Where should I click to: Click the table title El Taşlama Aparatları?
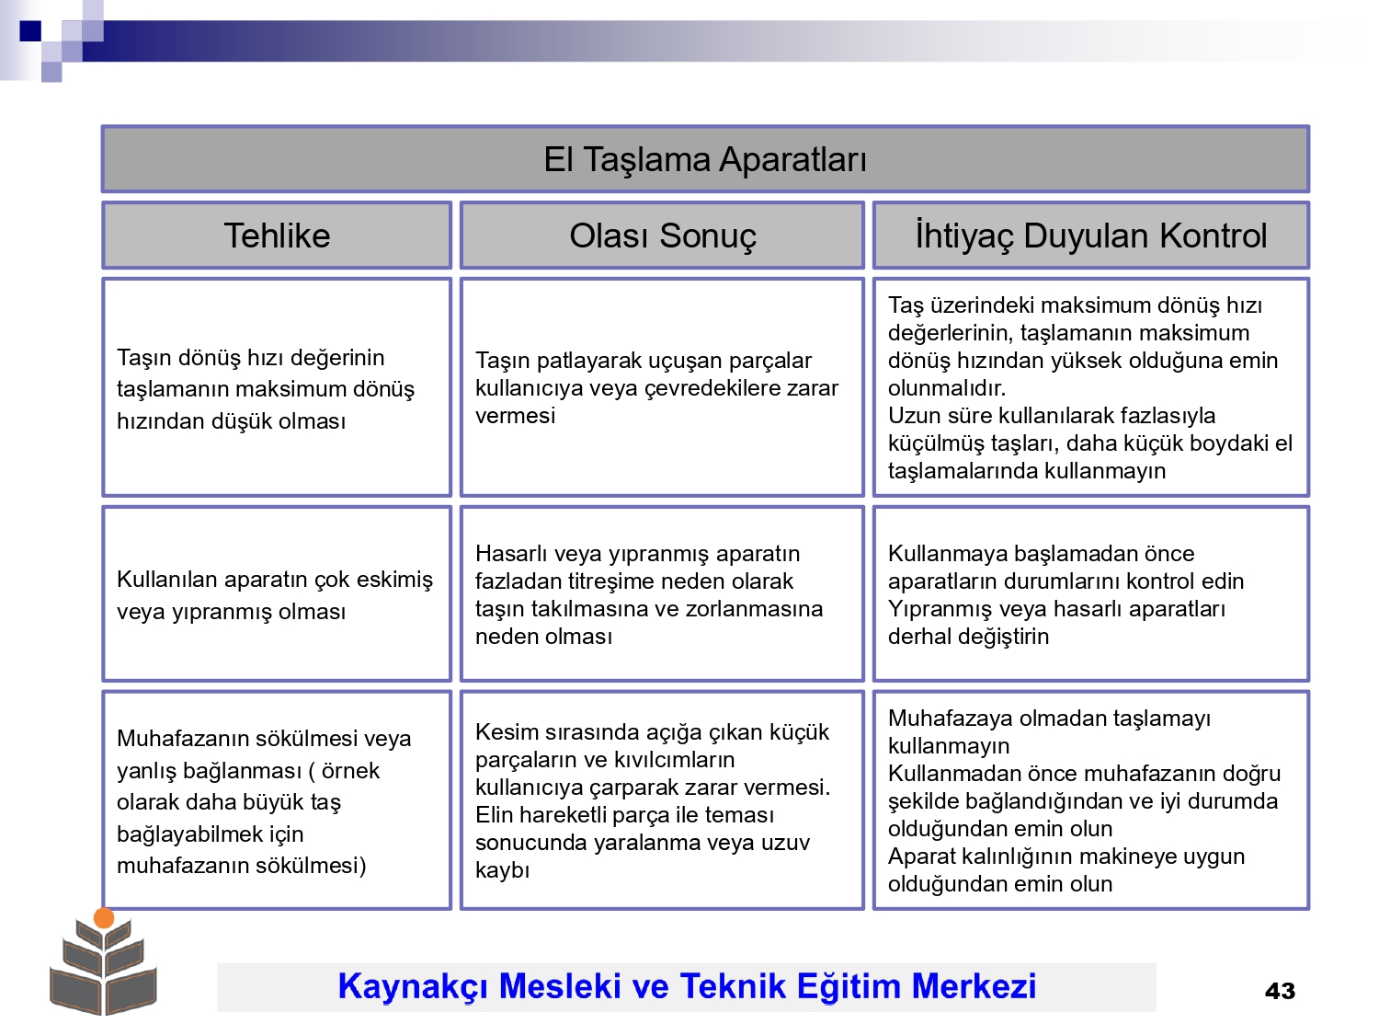pos(705,159)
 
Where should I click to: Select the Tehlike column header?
pos(277,236)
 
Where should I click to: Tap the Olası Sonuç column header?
pos(662,236)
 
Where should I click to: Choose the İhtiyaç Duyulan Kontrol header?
pos(1090,236)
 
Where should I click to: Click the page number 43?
pos(1280,991)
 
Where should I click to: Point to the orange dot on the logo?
pos(104,918)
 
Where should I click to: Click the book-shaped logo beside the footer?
pos(104,961)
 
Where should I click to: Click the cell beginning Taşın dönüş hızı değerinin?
pos(277,387)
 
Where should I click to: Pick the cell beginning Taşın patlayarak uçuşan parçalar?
pos(662,387)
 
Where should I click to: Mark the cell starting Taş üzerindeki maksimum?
pos(1090,387)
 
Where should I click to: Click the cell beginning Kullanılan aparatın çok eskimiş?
pos(277,593)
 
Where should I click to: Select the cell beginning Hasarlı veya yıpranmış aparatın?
pos(662,593)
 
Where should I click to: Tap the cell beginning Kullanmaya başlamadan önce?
pos(1090,593)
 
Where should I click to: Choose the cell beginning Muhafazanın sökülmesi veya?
pos(277,800)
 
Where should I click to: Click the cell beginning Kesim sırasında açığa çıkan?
pos(662,800)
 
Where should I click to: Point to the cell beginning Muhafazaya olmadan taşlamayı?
pos(1090,800)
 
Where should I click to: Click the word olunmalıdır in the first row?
pos(947,387)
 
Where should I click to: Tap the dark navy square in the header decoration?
pos(30,30)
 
